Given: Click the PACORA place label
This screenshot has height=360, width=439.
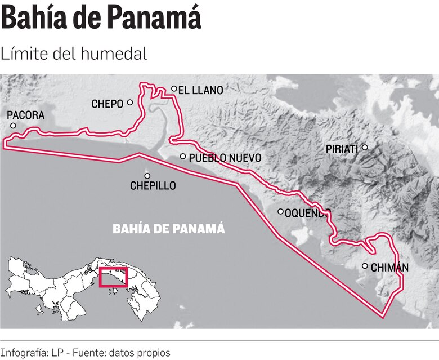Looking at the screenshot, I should tap(25, 115).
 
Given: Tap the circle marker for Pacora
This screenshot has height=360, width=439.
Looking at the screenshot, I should tap(13, 126).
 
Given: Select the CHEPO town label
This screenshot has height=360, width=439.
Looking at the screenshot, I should tap(107, 104).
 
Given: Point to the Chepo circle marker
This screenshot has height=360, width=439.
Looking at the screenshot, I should tap(130, 103).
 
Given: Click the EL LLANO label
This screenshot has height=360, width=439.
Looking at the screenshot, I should tap(200, 90).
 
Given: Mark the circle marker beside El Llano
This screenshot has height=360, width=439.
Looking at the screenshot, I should tap(174, 88).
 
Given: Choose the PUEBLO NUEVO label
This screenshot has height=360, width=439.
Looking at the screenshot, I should tap(225, 158).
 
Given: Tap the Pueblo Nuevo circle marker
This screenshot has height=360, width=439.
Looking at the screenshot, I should tap(183, 157).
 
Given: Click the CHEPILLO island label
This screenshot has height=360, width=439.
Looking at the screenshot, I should tap(153, 185).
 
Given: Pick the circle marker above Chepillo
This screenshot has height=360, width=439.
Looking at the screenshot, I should tap(147, 176).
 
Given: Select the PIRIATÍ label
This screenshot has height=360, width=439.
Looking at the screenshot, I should tap(342, 149).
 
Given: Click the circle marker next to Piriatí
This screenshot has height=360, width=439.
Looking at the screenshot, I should tap(365, 148).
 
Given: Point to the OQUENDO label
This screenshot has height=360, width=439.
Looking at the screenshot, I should tap(307, 213).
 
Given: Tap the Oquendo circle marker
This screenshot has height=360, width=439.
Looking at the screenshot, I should tap(281, 212).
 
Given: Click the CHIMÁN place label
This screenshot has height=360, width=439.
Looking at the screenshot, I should tap(389, 268).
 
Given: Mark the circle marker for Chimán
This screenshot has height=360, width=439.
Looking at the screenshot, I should tap(365, 266).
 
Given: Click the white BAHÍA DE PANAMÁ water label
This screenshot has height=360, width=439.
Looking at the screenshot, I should tap(169, 229).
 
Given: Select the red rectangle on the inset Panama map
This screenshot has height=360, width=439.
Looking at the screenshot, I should tap(113, 277).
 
